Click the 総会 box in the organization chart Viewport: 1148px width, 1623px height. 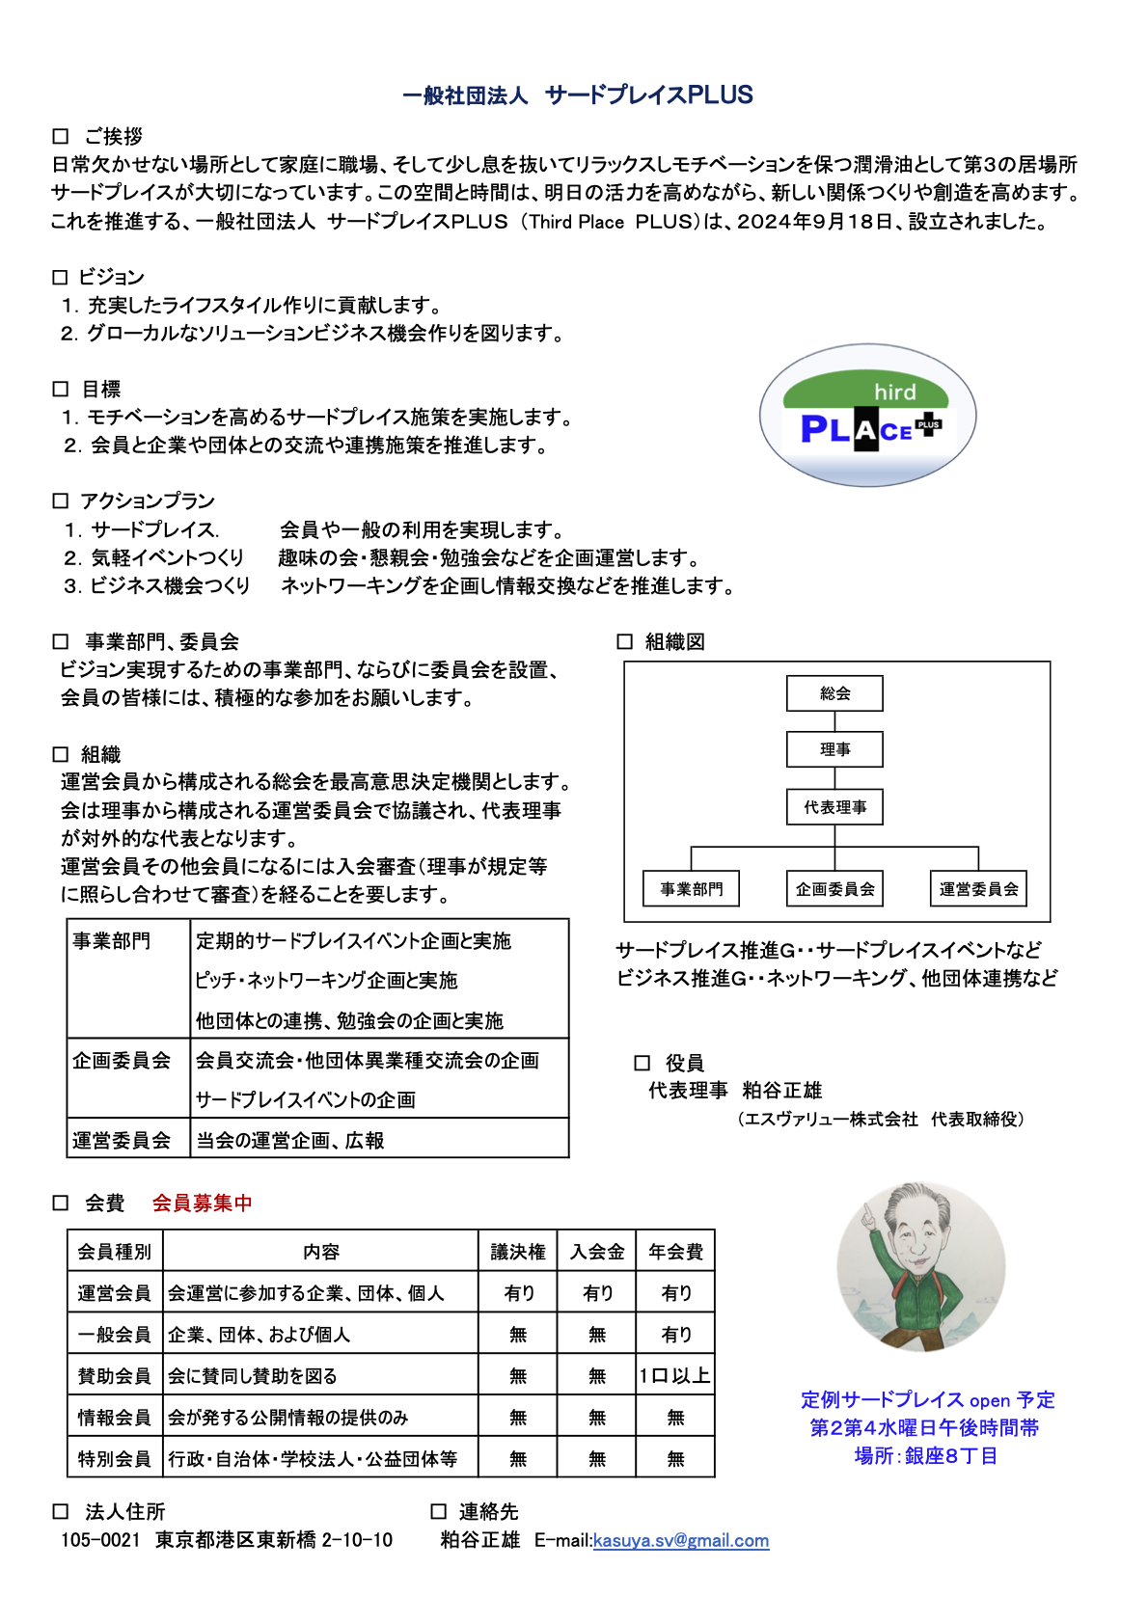[x=834, y=693]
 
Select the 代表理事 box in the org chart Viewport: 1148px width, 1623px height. [x=834, y=807]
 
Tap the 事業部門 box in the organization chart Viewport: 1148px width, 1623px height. [x=691, y=889]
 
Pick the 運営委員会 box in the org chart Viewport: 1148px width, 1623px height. [x=978, y=889]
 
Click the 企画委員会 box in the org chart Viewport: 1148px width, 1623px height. [x=834, y=889]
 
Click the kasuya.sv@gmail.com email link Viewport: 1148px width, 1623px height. [x=681, y=1540]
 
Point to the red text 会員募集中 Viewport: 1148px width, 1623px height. [x=202, y=1203]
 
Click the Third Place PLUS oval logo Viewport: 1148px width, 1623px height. [x=867, y=416]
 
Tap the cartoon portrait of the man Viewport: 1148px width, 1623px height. [x=920, y=1266]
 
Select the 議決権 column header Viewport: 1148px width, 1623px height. [x=518, y=1252]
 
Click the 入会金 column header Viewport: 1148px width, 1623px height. [x=597, y=1252]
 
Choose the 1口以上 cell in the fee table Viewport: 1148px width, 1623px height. [x=675, y=1376]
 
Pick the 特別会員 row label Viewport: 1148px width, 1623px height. [x=115, y=1458]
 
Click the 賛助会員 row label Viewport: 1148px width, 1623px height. [x=115, y=1376]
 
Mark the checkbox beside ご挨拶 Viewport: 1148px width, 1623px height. [x=61, y=137]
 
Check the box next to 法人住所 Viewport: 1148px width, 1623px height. [x=61, y=1511]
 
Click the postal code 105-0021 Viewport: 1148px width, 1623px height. [x=100, y=1540]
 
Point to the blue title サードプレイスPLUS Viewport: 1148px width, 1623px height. [x=648, y=95]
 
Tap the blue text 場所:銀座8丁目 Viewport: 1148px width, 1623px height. [x=925, y=1455]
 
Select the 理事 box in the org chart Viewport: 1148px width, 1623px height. [x=834, y=749]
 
